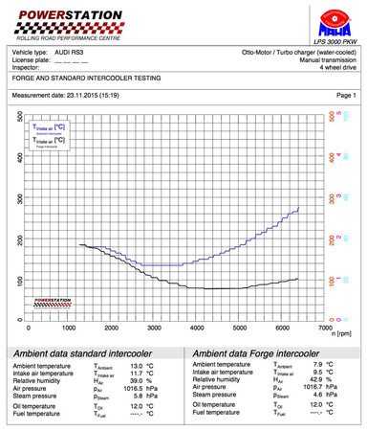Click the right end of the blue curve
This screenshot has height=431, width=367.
tap(299, 207)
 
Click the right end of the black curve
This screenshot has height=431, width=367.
tap(298, 279)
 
